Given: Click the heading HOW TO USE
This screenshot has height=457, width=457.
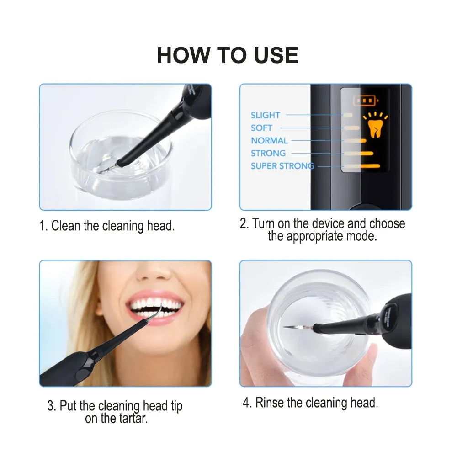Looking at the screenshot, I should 228,55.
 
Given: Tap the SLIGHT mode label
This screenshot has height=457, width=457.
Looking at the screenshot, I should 265,115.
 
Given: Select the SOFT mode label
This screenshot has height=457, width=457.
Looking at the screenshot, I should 261,128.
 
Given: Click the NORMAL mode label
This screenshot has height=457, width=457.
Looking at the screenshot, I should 269,141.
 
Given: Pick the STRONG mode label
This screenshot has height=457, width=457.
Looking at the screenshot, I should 268,153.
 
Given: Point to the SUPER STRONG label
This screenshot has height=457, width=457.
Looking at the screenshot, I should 282,166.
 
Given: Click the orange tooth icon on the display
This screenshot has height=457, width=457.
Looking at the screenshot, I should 375,125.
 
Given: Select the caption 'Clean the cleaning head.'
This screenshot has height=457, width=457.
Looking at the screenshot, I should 107,226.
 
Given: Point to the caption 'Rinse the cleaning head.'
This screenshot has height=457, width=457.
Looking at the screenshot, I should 310,403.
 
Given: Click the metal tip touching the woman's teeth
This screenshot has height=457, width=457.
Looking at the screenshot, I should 158,313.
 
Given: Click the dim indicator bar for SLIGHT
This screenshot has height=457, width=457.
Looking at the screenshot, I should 348,115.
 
